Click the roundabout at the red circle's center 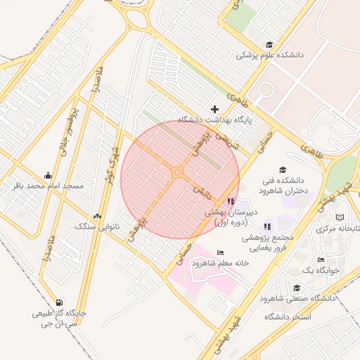coord(178,172)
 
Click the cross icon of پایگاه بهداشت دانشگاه coord(215,109)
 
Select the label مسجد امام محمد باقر coord(48,186)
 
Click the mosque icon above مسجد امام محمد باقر coord(48,175)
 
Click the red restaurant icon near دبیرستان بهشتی coord(232,201)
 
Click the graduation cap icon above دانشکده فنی coord(283,169)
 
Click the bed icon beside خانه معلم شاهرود coord(221,252)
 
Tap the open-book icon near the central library coord(340,217)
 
